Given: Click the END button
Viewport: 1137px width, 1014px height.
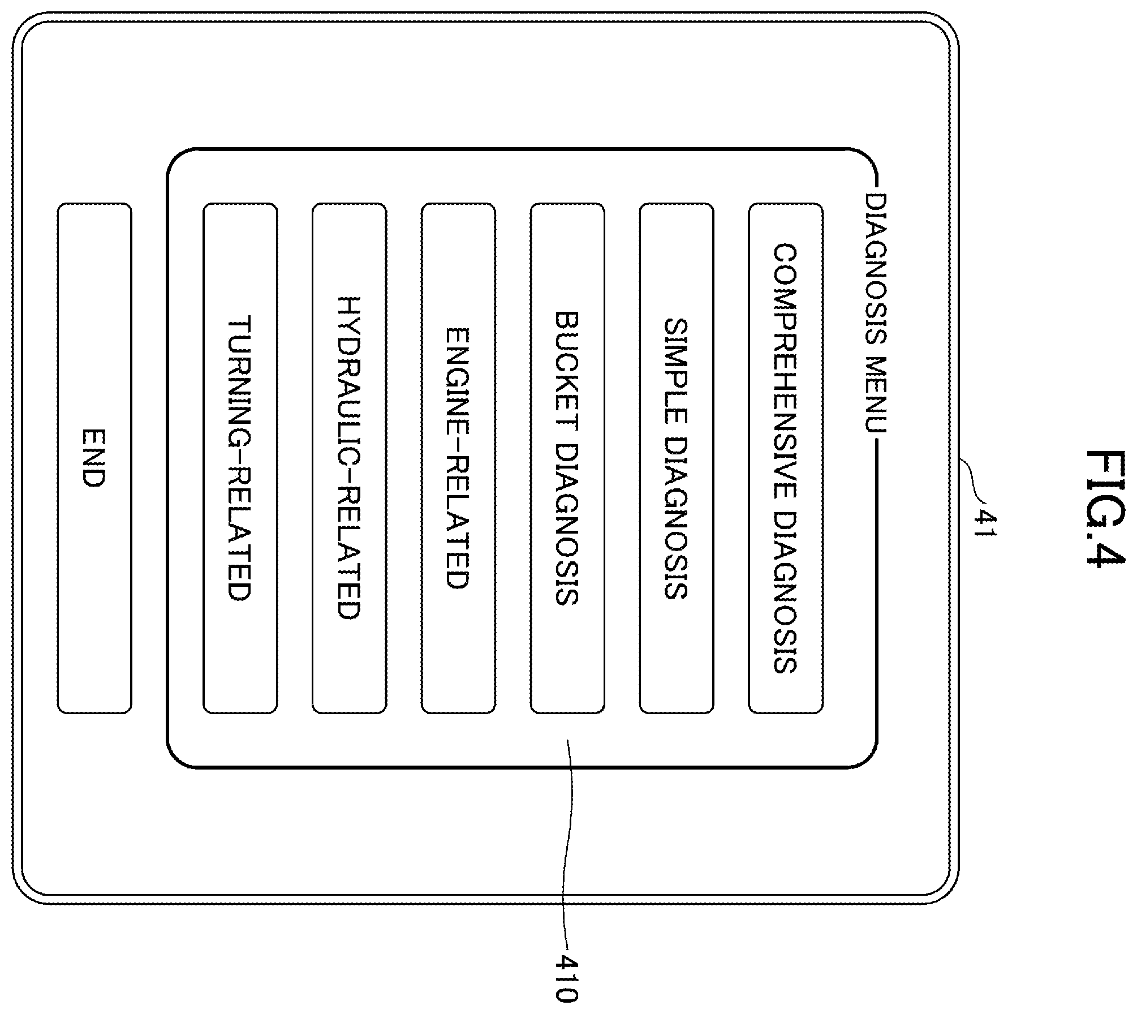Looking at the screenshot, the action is point(94,458).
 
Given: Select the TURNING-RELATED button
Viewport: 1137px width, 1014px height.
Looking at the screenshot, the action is point(240,458).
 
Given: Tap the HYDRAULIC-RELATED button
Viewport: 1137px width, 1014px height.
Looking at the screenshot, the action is point(349,458).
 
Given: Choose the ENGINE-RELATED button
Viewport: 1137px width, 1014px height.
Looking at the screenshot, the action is point(458,458).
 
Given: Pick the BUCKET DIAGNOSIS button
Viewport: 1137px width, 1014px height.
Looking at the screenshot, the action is point(567,458).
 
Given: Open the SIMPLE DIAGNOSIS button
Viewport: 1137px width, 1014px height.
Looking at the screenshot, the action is point(677,458).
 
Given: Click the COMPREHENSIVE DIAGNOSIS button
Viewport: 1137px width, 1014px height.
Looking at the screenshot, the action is point(786,458).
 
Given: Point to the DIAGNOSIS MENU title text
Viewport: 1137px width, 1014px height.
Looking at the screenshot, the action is point(876,313).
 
